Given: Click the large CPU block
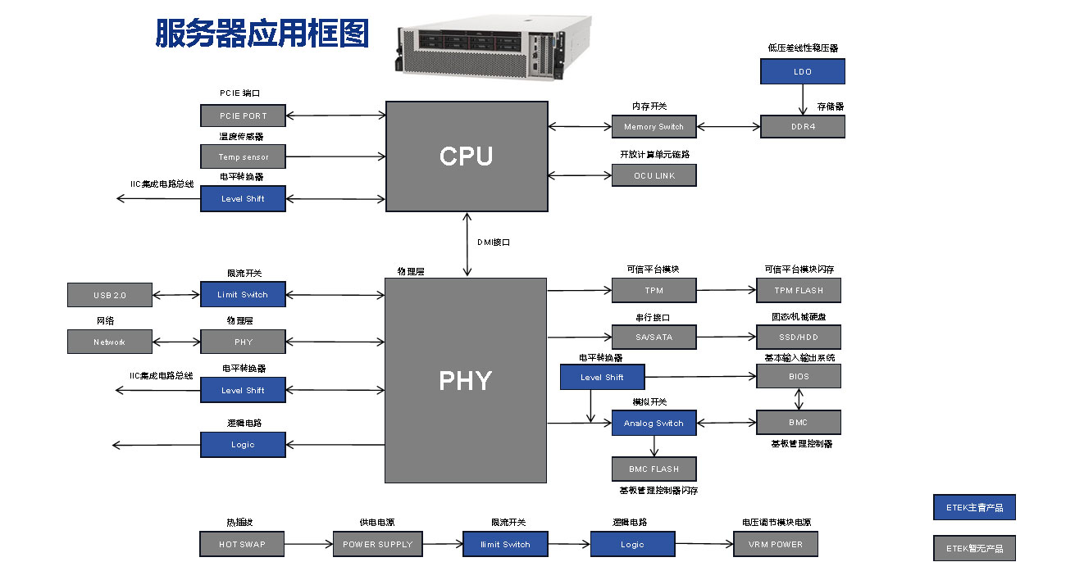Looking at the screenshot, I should (467, 156).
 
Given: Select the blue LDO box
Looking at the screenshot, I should (802, 71).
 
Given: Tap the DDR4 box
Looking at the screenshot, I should (802, 126).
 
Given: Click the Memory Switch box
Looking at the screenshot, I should (654, 126).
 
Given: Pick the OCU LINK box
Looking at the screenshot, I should (654, 175).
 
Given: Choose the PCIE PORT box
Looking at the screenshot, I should (243, 116).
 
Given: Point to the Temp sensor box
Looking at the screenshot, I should (243, 156).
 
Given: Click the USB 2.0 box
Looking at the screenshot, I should (110, 294).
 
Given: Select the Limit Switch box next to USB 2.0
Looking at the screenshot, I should (243, 294).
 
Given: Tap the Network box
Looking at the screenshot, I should (110, 342).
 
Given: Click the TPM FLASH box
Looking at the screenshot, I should (798, 290).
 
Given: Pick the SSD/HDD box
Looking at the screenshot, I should (798, 337).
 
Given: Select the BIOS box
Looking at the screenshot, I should (798, 376).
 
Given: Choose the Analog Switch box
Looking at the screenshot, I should (654, 423).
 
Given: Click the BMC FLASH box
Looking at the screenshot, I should (654, 469).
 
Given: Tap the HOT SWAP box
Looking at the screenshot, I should (242, 544).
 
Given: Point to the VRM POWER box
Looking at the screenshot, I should (775, 543).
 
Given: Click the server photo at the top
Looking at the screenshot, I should (494, 47).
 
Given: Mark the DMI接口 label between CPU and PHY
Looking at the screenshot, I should (494, 242).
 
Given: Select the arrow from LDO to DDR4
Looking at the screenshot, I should (802, 99).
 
